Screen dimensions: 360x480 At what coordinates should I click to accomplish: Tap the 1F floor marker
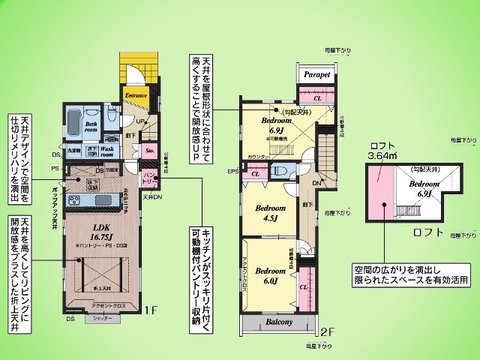[x=149, y=310]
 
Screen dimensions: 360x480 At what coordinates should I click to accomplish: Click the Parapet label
[x=318, y=73]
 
